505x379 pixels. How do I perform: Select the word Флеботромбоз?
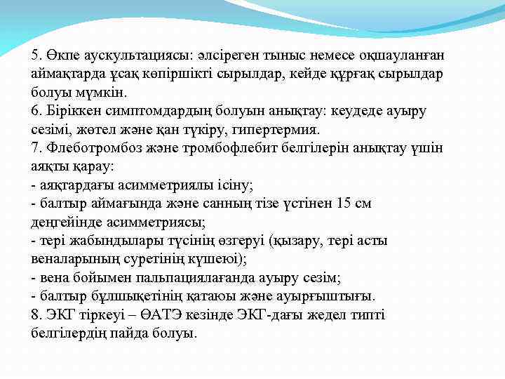tap(88, 148)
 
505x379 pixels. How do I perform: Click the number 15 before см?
tap(345, 204)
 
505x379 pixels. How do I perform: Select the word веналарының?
tap(73, 259)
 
